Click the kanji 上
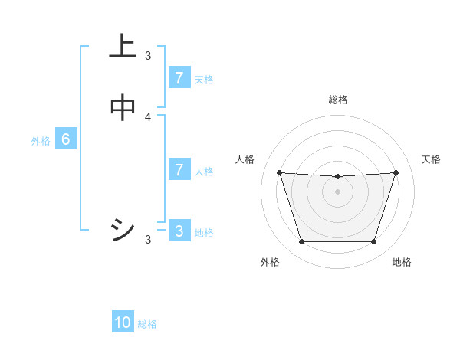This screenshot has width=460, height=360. (x=123, y=47)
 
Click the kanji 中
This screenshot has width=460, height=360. (x=123, y=108)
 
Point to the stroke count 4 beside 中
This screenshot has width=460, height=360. (x=149, y=116)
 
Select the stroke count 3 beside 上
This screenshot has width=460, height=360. (x=148, y=56)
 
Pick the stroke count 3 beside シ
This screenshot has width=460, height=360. (x=148, y=240)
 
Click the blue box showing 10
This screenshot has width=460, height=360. (x=123, y=322)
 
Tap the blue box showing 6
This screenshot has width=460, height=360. (x=66, y=139)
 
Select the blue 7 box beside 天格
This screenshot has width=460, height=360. (x=179, y=78)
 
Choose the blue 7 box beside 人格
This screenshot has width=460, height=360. (x=179, y=170)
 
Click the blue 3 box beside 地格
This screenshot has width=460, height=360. (x=179, y=231)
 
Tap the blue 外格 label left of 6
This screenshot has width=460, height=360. (x=41, y=141)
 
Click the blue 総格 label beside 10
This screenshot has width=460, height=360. (x=147, y=324)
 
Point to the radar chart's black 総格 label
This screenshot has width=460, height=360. (x=338, y=100)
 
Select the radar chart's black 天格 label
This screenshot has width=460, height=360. (x=432, y=159)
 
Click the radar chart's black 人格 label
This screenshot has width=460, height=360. (x=245, y=159)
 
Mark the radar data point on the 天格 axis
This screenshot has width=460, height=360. (x=396, y=172)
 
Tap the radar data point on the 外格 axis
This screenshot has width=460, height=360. (x=301, y=242)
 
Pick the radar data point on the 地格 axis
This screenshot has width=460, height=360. (x=373, y=242)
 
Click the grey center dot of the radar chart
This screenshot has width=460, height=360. (x=337, y=191)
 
